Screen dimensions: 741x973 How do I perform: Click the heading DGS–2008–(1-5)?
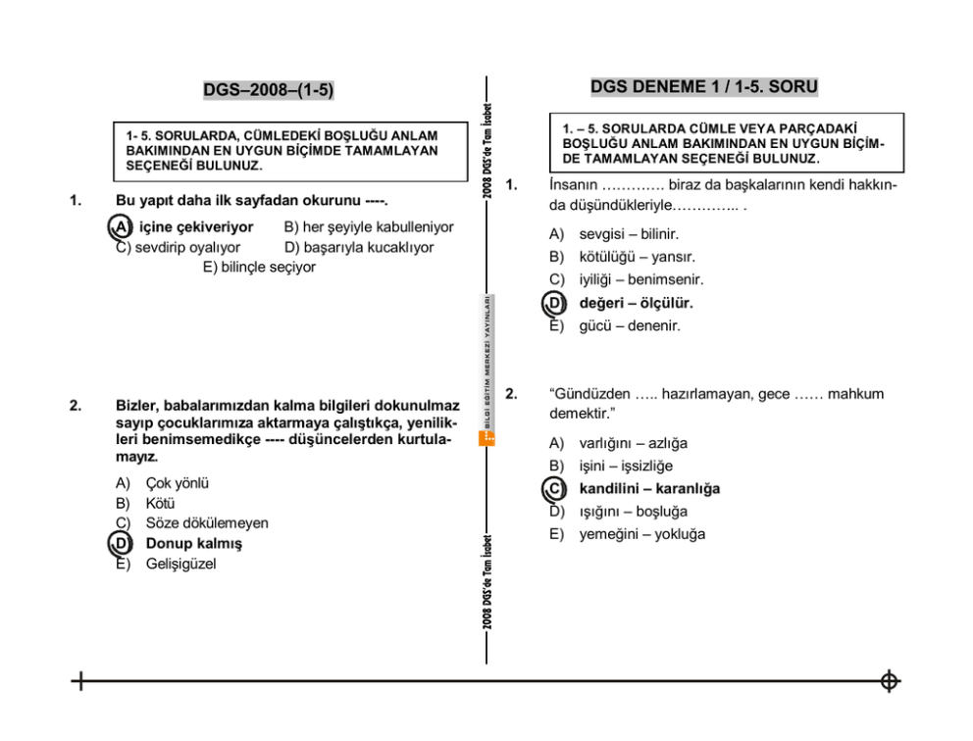(268, 90)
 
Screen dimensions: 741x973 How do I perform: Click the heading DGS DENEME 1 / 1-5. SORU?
(703, 87)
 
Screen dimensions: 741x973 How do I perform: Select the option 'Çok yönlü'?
(177, 483)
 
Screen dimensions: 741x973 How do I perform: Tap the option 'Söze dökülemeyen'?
(206, 523)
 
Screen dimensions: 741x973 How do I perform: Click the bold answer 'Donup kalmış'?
(193, 543)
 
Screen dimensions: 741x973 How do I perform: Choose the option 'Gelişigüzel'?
(180, 564)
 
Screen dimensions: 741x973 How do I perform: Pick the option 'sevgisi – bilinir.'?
(628, 234)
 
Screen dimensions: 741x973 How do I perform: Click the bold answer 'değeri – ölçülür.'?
(636, 303)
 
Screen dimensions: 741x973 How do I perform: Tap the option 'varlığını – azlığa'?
(633, 443)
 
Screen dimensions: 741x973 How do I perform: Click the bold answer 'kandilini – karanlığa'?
(648, 488)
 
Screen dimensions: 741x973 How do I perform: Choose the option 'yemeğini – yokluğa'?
(641, 534)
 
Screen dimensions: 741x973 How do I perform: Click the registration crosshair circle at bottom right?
(889, 681)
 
